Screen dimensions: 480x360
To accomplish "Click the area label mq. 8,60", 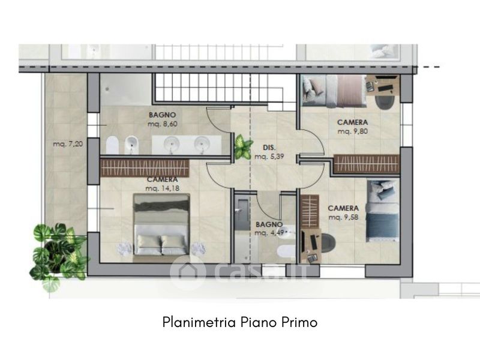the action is click(163, 124).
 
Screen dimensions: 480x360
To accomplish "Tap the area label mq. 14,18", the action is click(162, 188).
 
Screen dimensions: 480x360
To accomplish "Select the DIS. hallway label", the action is click(269, 148).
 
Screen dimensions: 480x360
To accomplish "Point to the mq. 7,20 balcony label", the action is click(68, 143).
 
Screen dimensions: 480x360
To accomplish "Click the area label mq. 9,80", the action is click(353, 131).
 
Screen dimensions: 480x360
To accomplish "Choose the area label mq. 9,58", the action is click(343, 217).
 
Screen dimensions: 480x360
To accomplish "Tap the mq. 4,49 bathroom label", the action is click(269, 233).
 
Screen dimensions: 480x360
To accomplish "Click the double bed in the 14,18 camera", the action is click(161, 229).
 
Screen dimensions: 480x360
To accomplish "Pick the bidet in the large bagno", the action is click(131, 145).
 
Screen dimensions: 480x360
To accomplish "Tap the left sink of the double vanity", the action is click(172, 144).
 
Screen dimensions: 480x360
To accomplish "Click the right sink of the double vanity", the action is click(202, 144).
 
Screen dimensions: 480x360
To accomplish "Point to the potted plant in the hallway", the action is click(244, 146).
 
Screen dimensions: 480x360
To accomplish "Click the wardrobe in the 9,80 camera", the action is click(367, 164).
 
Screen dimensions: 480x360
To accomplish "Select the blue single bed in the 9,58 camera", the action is click(383, 211).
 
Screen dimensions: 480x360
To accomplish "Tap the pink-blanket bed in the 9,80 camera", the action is click(334, 91).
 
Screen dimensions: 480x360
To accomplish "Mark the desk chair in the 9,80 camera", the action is click(385, 102).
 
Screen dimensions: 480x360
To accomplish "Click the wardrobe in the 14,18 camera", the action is click(145, 168).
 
